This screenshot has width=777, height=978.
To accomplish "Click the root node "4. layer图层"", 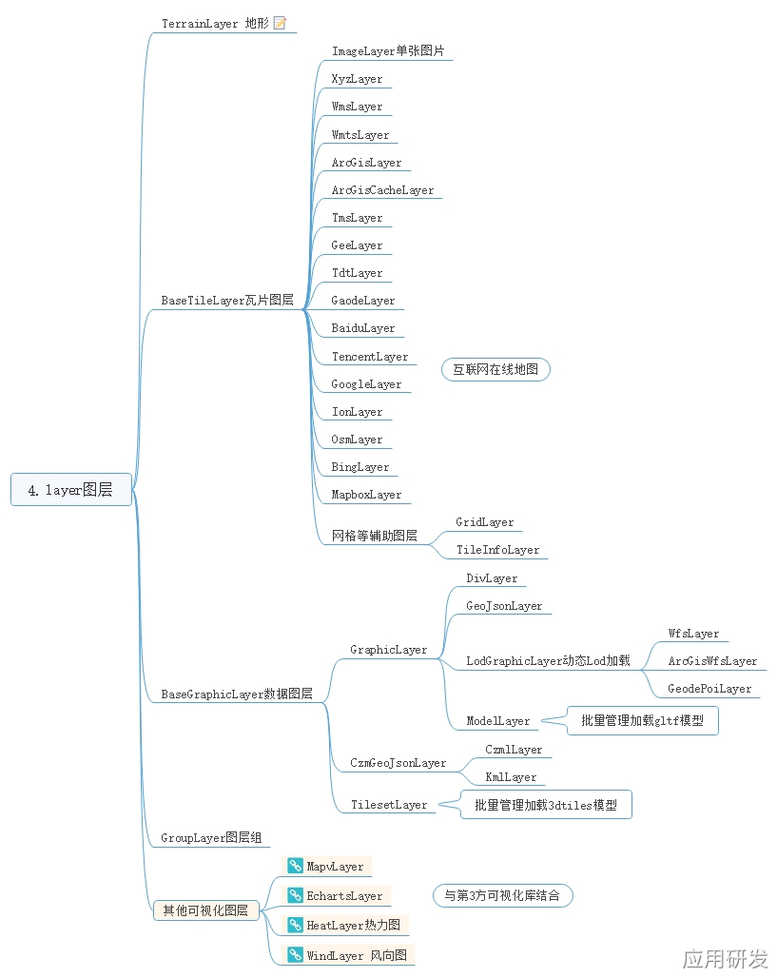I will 71,490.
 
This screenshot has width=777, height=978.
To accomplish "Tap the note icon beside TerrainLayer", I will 280,23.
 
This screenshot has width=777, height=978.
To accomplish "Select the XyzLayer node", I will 357,79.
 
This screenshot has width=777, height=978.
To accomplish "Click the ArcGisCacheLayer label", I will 382,190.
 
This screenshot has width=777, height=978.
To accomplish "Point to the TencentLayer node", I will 369,357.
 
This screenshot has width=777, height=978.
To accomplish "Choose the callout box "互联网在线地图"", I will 495,369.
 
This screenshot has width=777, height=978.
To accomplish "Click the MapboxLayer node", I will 366,495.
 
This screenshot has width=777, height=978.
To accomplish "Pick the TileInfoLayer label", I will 497,550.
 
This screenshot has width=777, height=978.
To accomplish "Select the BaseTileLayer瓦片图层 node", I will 226,301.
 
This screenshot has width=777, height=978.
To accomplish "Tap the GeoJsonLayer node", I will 504,606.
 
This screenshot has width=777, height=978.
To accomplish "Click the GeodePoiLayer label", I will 709,689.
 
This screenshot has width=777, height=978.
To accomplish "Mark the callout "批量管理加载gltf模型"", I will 642,721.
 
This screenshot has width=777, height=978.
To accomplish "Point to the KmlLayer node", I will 511,777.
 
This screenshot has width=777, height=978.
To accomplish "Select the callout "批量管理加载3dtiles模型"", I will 546,805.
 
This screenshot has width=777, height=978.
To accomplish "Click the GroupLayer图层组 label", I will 211,838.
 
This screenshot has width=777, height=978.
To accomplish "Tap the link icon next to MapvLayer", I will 296,867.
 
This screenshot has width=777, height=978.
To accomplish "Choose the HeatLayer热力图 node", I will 353,925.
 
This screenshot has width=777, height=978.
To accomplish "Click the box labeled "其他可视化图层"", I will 205,910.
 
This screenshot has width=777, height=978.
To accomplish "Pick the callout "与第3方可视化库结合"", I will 502,895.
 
